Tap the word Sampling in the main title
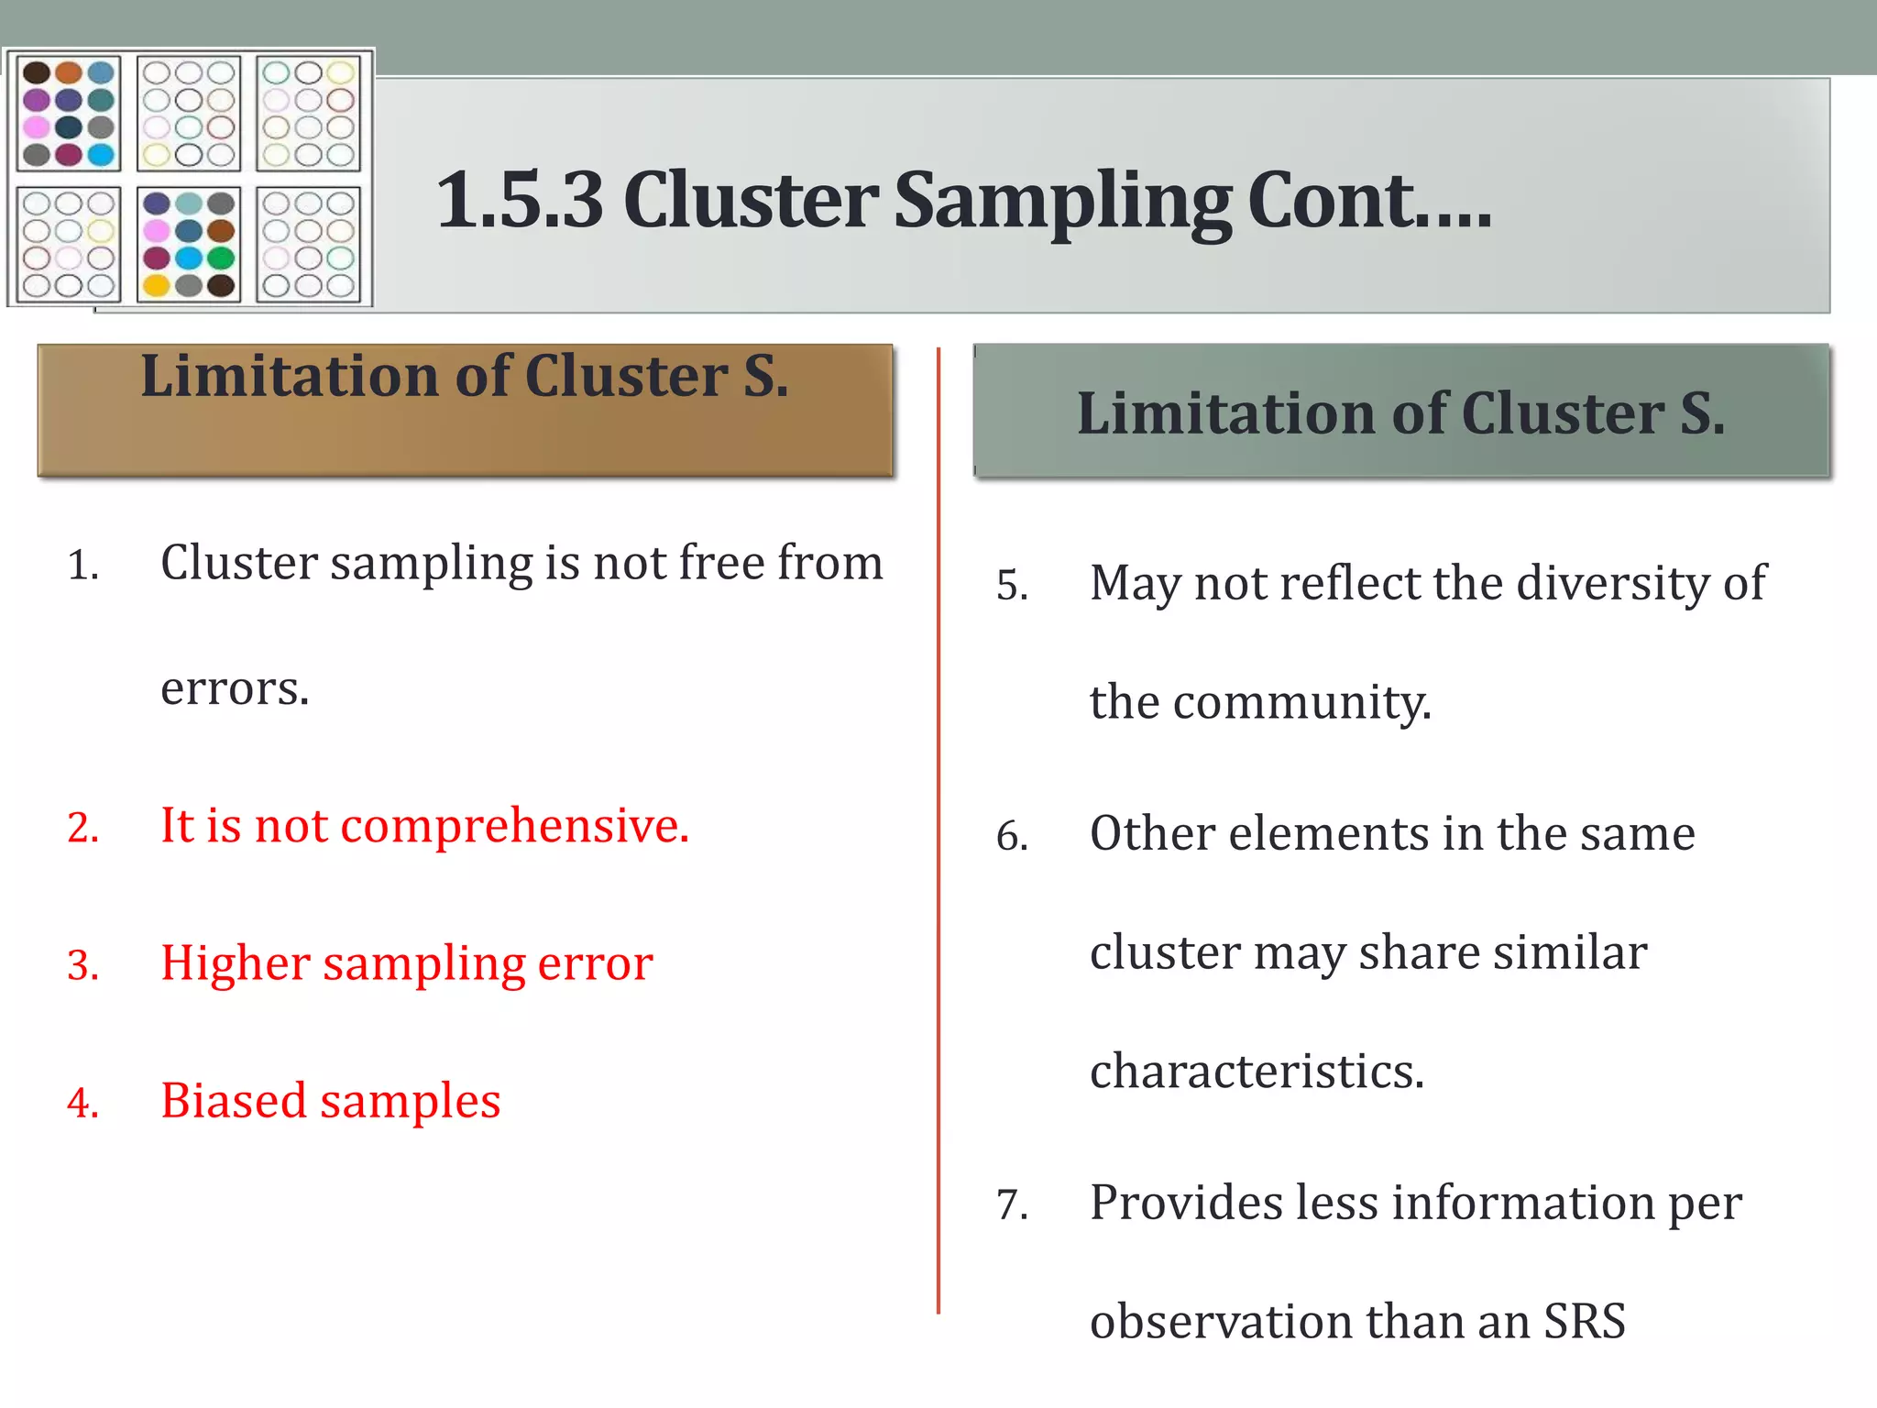tap(1062, 202)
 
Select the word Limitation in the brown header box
tap(289, 376)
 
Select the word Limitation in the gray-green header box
tap(1225, 413)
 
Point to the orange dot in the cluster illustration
tap(68, 72)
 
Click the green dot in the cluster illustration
tap(221, 258)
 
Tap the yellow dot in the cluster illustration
tap(157, 286)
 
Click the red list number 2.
tap(82, 828)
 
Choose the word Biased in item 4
tap(233, 1101)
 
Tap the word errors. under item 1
tap(235, 688)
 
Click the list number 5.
tap(1012, 586)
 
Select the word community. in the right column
tap(1301, 703)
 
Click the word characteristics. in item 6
tap(1257, 1072)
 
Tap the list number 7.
tap(1012, 1205)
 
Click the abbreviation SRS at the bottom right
tap(1585, 1322)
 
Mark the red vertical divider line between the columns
tap(938, 825)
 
